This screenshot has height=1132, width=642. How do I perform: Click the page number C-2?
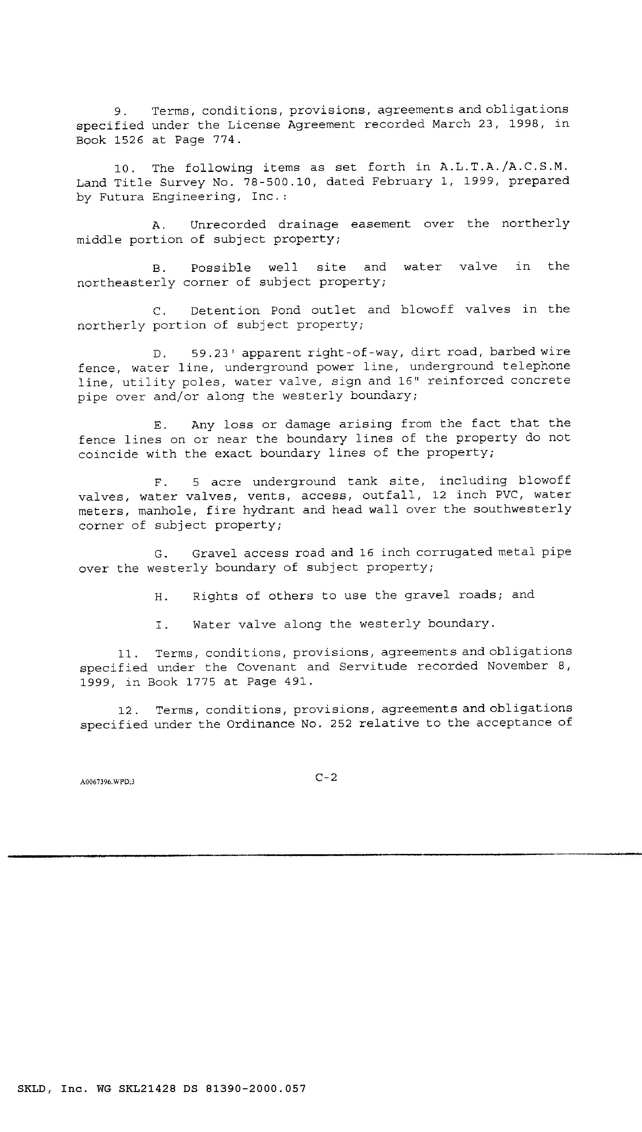pos(326,778)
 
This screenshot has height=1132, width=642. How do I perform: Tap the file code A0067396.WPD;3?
pos(107,782)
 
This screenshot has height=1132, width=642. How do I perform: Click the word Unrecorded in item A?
pos(228,225)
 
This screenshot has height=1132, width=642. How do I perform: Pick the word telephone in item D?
pos(536,366)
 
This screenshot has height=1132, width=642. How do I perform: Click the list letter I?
pos(159,625)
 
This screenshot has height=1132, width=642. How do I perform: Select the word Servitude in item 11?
pos(373,666)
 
